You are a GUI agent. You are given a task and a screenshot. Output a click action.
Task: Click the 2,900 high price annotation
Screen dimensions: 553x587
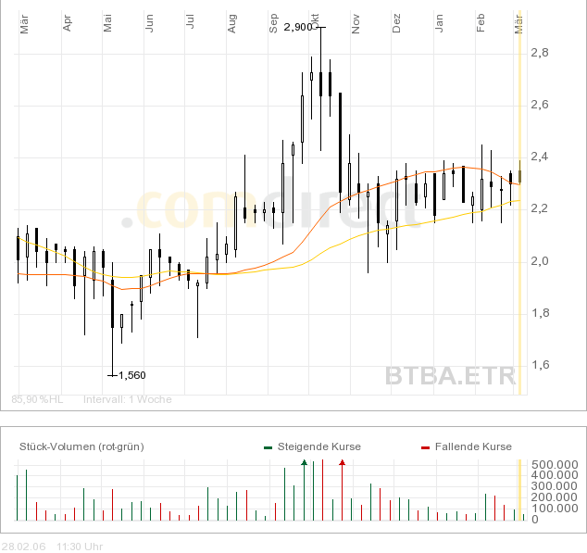tap(298, 27)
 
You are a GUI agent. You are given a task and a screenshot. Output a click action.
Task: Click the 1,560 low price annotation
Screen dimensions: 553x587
tap(131, 375)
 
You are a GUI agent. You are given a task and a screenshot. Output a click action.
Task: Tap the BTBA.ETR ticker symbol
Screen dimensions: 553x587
tap(449, 376)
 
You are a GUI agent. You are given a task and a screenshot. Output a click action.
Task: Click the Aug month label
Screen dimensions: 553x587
tap(231, 27)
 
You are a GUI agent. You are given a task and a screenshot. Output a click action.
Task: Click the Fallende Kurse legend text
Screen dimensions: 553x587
tap(472, 446)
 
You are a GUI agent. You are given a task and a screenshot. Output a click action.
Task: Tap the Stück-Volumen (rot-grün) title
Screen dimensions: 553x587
tap(81, 446)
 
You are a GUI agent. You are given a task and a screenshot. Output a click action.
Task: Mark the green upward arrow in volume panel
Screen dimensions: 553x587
tap(304, 461)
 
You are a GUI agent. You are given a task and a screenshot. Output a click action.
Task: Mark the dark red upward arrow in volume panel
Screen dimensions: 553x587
tap(342, 461)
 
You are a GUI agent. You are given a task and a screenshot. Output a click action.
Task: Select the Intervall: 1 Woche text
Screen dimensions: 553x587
tap(128, 399)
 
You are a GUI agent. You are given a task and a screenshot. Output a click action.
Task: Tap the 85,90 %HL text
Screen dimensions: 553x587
tap(37, 399)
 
